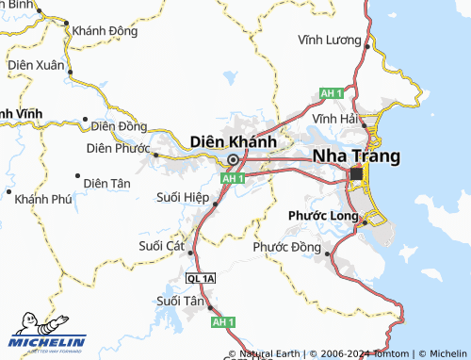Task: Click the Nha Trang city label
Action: pyautogui.click(x=356, y=155)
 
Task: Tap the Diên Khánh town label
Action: pyautogui.click(x=233, y=140)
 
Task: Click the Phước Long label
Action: pyautogui.click(x=323, y=216)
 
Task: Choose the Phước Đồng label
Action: pyautogui.click(x=287, y=248)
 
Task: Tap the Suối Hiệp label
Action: pyautogui.click(x=181, y=197)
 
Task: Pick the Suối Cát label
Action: pyautogui.click(x=162, y=245)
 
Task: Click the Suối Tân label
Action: pyautogui.click(x=180, y=302)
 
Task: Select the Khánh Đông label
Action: pyautogui.click(x=105, y=30)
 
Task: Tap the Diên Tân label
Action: pyautogui.click(x=106, y=182)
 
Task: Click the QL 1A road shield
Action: pyautogui.click(x=201, y=280)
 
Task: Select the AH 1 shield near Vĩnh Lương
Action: pyautogui.click(x=331, y=93)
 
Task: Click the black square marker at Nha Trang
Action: pyautogui.click(x=356, y=174)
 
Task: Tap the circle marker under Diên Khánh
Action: pyautogui.click(x=233, y=159)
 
